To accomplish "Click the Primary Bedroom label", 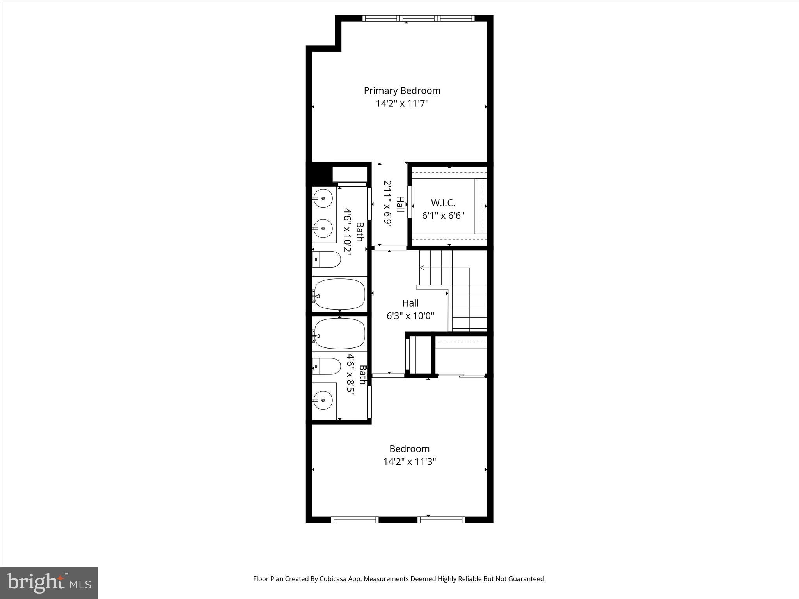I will (402, 90).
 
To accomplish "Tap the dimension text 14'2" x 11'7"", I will (402, 103).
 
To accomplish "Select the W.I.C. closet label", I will (443, 203).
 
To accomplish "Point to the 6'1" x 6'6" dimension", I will (443, 215).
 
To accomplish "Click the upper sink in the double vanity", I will (323, 198).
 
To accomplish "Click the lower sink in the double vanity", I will (323, 229).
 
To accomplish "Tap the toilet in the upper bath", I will (327, 259).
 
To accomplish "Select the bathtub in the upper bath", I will (339, 294).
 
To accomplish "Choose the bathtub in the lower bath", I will (339, 334).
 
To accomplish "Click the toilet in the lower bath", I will (327, 366).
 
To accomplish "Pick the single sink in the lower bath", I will (323, 401).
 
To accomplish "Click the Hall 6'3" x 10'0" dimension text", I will (410, 315).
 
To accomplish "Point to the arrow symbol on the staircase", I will (422, 268).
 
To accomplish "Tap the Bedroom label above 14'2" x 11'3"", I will (409, 448).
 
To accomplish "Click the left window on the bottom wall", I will (355, 519).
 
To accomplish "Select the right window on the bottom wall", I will (441, 519).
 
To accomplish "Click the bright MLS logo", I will (49, 583).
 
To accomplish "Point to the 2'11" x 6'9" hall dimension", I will (387, 204).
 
